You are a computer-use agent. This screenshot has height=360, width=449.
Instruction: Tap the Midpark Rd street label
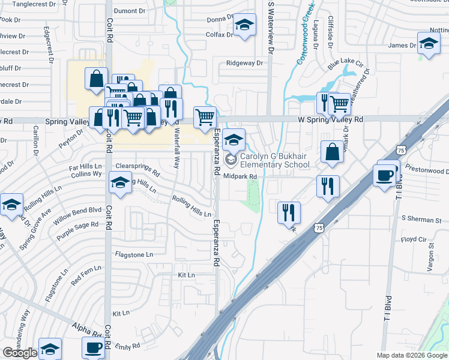240,176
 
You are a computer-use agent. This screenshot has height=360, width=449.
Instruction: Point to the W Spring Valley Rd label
331,120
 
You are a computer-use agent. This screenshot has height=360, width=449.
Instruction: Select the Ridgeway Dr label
245,63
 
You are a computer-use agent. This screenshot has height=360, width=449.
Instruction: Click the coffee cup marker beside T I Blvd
384,175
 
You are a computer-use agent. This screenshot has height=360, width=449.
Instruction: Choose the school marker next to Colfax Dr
244,26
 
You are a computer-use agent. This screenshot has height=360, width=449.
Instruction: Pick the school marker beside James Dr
429,44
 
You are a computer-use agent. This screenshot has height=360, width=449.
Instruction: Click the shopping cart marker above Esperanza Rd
205,117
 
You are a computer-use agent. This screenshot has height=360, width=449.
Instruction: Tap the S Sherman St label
421,220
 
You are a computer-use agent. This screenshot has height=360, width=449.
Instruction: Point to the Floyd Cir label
413,239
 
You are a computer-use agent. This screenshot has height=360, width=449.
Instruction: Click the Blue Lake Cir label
345,62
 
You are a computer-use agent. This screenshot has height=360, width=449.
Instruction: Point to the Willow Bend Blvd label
80,211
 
